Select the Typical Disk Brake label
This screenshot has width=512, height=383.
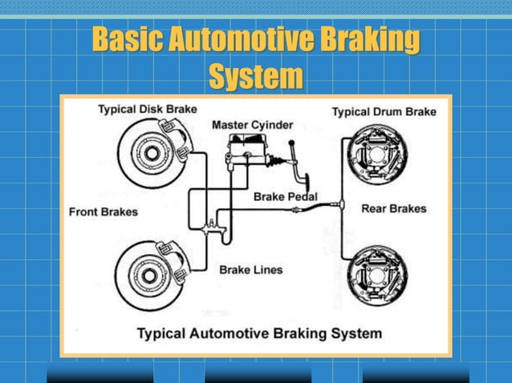148,108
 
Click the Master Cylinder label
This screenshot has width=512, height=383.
252,125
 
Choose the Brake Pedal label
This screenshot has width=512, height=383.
285,196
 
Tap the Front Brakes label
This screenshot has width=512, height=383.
104,212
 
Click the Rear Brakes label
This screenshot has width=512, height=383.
393,208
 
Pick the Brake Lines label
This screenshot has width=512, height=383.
251,270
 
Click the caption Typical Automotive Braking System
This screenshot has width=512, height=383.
260,333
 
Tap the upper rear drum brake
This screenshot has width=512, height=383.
376,153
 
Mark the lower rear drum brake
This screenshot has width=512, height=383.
376,272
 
